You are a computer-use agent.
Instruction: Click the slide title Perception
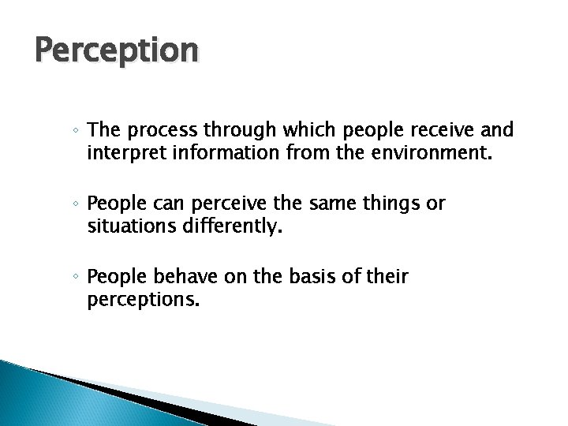pos(116,50)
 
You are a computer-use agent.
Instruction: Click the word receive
pos(433,129)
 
